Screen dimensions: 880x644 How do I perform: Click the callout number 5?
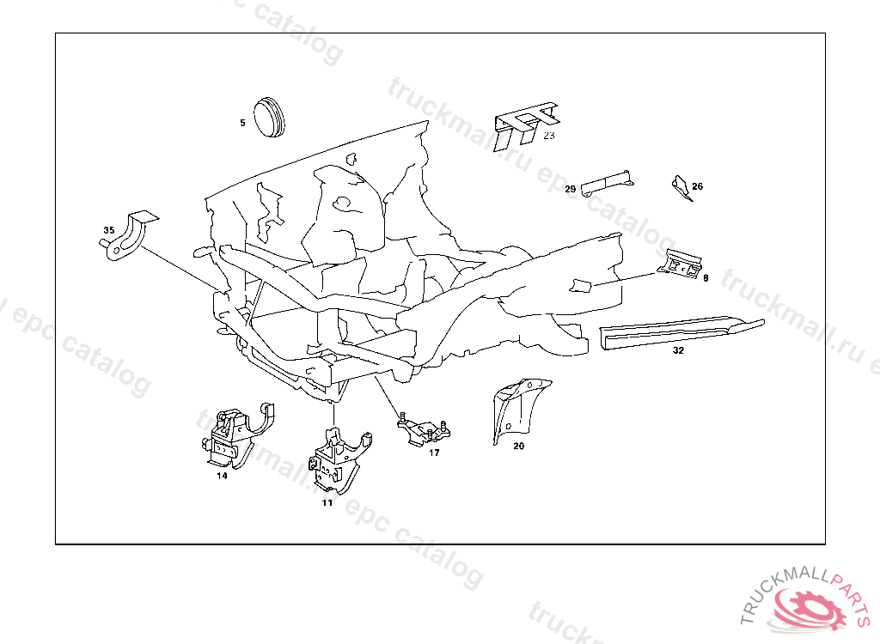pyautogui.click(x=242, y=123)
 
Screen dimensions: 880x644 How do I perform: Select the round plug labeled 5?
pyautogui.click(x=269, y=118)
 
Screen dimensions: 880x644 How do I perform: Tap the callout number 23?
pyautogui.click(x=549, y=135)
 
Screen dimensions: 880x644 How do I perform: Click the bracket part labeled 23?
pyautogui.click(x=525, y=125)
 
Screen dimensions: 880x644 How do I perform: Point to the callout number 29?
pyautogui.click(x=571, y=189)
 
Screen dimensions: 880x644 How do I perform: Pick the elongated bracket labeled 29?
pyautogui.click(x=607, y=182)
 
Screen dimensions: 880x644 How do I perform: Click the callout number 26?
pyautogui.click(x=697, y=186)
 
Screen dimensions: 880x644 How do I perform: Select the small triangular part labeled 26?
pyautogui.click(x=681, y=187)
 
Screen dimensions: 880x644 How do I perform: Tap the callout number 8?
pyautogui.click(x=706, y=277)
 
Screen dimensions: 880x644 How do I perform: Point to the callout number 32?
pyautogui.click(x=678, y=350)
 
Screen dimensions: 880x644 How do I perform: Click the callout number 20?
pyautogui.click(x=518, y=446)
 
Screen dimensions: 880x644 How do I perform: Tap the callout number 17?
pyautogui.click(x=434, y=453)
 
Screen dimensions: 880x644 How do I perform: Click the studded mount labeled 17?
pyautogui.click(x=424, y=431)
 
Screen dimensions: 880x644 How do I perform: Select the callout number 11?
pyautogui.click(x=327, y=502)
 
